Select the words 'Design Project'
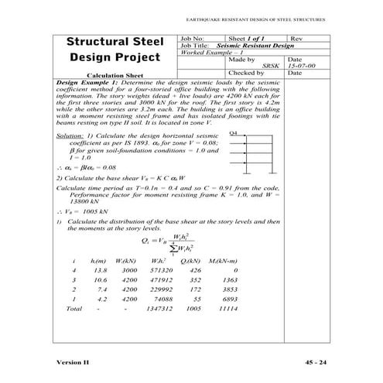pyautogui.click(x=112, y=58)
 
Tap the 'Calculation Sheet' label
pyautogui.click(x=112, y=75)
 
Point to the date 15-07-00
pyautogui.click(x=297, y=66)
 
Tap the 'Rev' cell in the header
pyautogui.click(x=297, y=38)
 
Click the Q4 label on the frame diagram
pyautogui.click(x=234, y=135)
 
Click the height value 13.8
pyautogui.click(x=98, y=271)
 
